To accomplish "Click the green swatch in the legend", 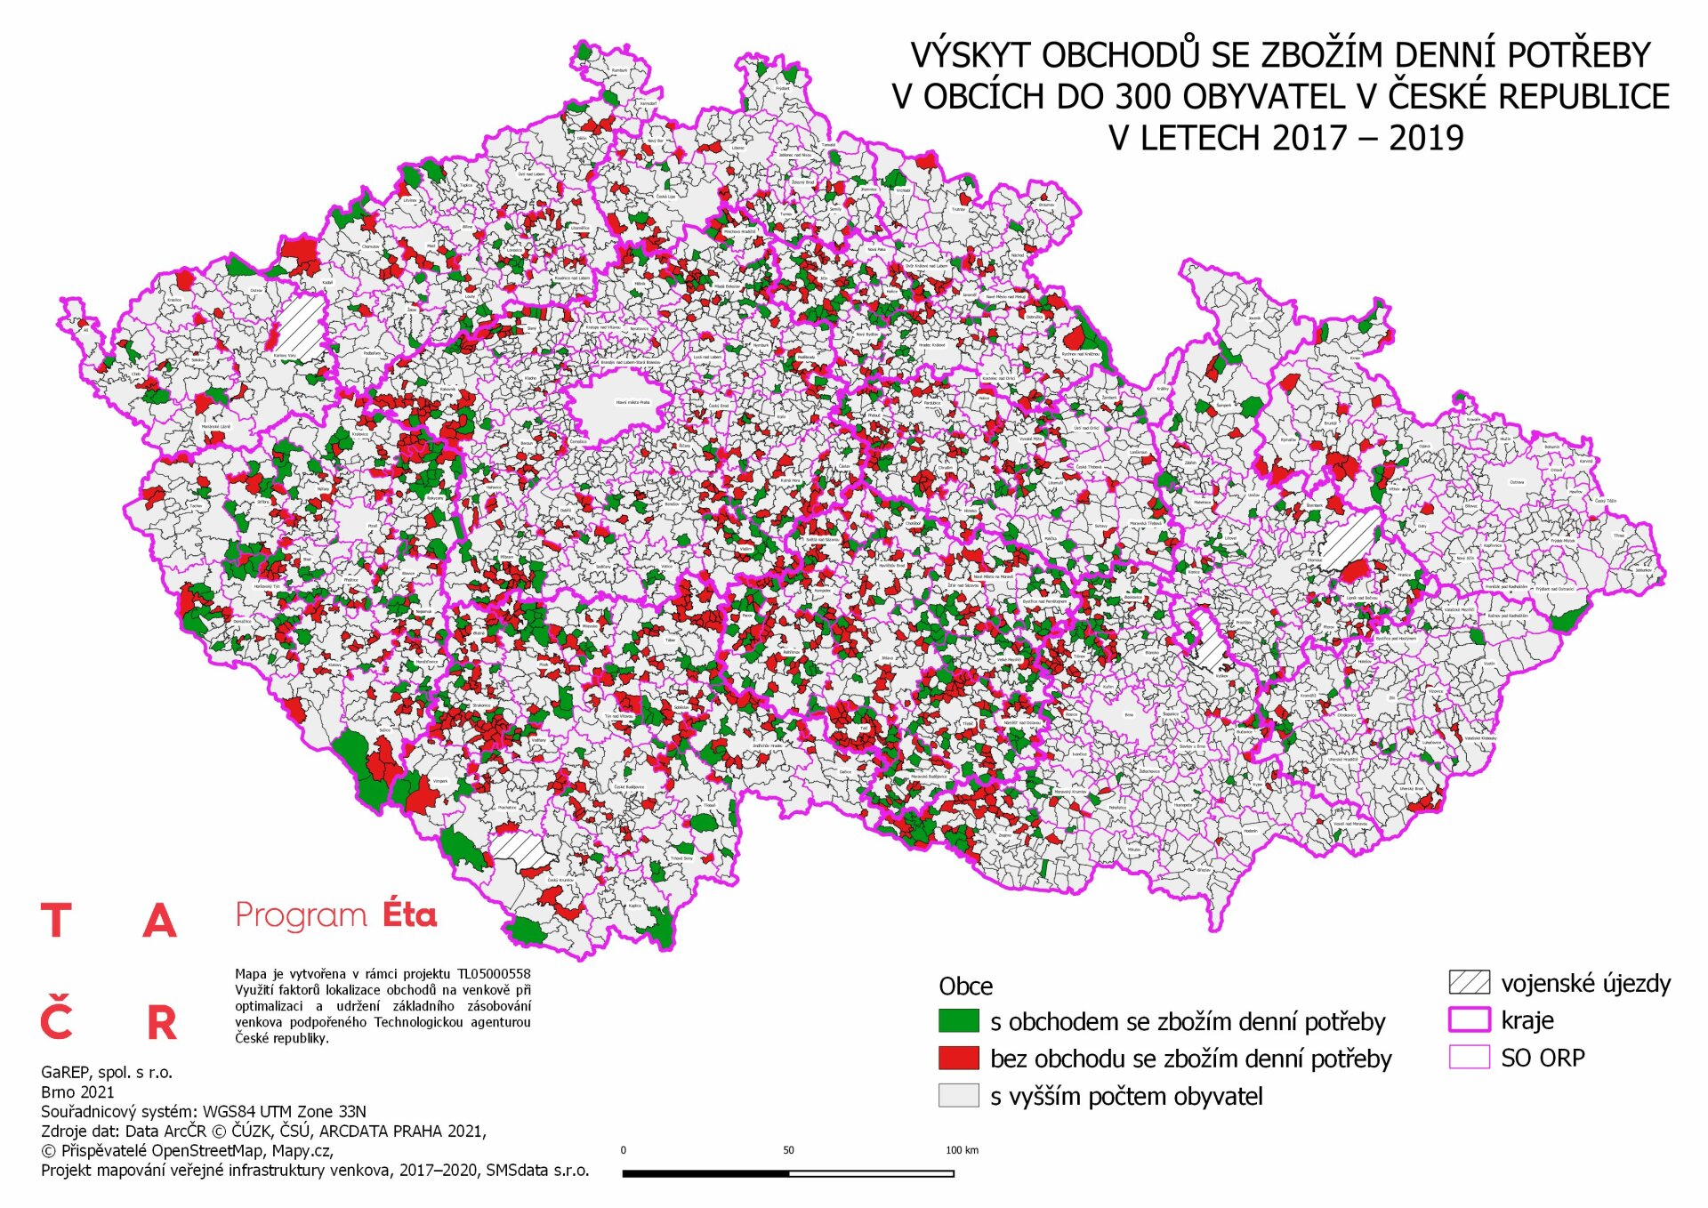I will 958,1020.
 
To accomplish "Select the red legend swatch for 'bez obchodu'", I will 958,1058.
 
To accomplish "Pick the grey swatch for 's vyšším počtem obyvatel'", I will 958,1095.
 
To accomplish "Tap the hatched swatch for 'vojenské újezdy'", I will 1469,982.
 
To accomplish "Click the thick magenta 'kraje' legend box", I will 1469,1019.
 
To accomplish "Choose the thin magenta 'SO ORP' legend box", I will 1469,1057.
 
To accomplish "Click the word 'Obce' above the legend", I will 965,986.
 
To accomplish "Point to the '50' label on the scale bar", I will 788,1150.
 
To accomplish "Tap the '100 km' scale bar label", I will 962,1150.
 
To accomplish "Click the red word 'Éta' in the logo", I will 409,914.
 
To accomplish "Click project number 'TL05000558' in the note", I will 494,974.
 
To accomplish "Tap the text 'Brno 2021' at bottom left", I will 77,1091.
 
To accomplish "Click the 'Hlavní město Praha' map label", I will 632,402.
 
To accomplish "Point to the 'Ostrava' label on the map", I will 1517,482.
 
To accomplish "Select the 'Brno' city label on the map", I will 1129,714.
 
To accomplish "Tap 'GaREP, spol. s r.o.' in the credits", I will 107,1072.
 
